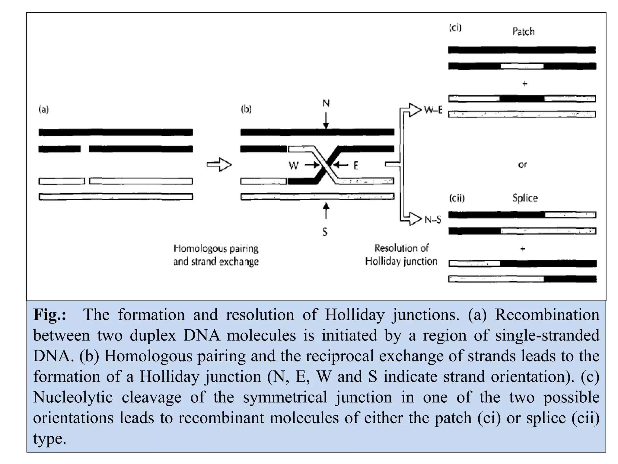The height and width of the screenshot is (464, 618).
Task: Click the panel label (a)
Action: (x=44, y=109)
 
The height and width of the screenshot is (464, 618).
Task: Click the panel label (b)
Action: (x=246, y=109)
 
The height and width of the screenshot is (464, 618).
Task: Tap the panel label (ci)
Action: (x=455, y=28)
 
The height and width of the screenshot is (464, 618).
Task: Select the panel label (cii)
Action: (x=457, y=198)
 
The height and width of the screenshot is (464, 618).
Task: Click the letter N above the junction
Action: (x=326, y=104)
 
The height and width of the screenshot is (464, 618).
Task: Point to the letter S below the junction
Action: (x=325, y=232)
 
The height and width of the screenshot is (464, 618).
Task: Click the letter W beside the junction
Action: (x=293, y=166)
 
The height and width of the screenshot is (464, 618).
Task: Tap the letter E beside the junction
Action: (x=356, y=166)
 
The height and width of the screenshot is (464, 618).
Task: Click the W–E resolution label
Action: (x=433, y=110)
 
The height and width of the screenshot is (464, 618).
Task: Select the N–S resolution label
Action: (x=433, y=220)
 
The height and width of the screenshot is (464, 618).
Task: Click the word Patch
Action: (x=523, y=31)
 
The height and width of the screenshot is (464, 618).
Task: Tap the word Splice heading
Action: (x=525, y=198)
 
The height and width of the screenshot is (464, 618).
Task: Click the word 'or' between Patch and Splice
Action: (x=522, y=165)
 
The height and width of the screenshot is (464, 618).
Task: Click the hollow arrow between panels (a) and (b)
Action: (x=219, y=165)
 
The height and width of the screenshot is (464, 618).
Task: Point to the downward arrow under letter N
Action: (x=326, y=121)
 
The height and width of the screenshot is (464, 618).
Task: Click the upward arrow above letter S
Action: (x=326, y=211)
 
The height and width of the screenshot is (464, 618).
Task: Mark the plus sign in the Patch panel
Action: (x=525, y=84)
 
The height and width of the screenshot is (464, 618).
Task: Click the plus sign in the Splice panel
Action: (x=523, y=249)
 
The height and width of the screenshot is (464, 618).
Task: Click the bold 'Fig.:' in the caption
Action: (x=50, y=315)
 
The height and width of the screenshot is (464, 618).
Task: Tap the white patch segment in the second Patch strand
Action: (x=522, y=66)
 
